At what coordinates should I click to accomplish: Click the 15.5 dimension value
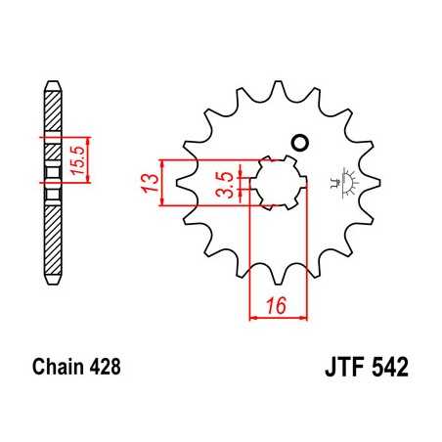[84, 156]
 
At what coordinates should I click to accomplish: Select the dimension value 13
[146, 182]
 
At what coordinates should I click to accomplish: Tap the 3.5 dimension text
[225, 182]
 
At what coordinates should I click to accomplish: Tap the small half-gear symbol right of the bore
[343, 180]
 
